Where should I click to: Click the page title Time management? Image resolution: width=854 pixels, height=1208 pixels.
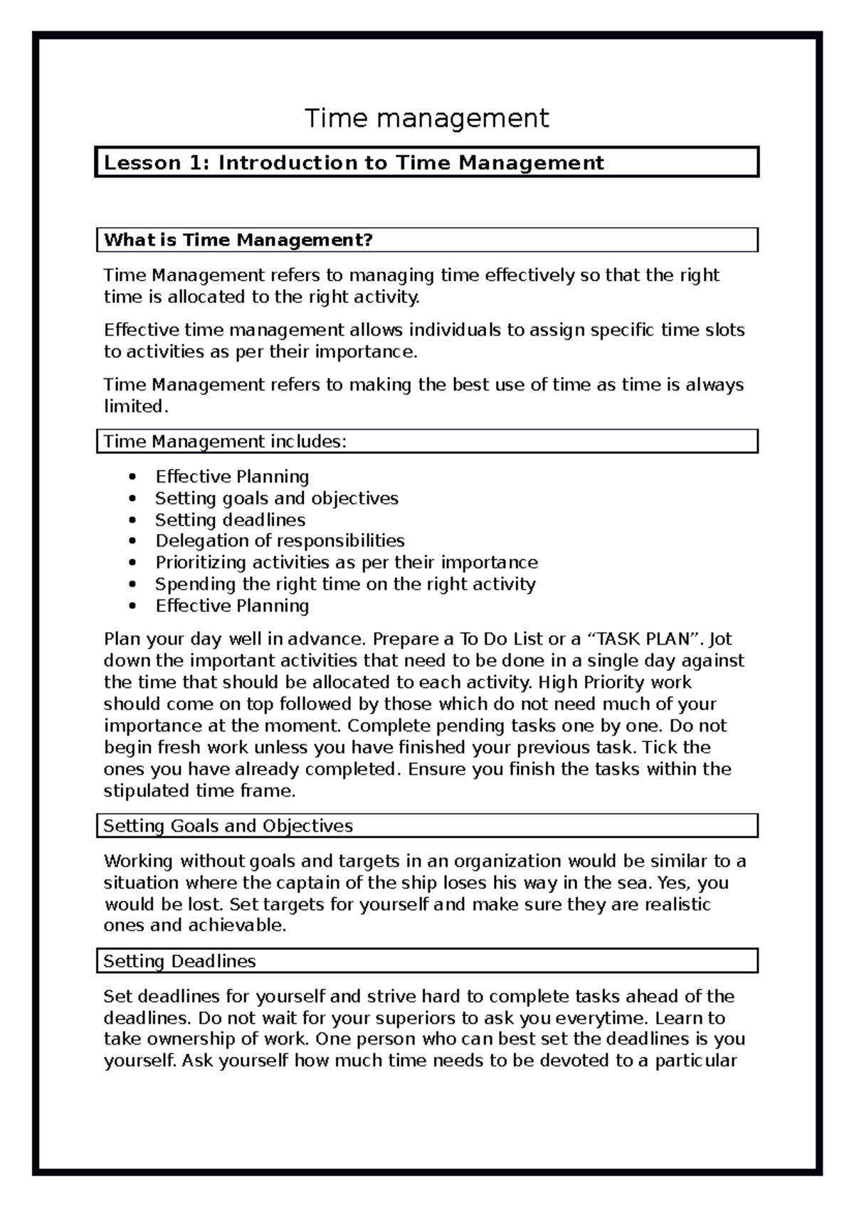[427, 118]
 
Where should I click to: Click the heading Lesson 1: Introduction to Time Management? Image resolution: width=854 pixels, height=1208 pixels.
[354, 163]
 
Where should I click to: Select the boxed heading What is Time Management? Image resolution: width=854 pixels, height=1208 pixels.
[238, 240]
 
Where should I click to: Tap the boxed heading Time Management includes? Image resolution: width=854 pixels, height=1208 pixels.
[225, 442]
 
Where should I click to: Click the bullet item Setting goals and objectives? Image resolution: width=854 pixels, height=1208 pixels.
[276, 499]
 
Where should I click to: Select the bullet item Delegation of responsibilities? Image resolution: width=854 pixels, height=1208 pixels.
[280, 541]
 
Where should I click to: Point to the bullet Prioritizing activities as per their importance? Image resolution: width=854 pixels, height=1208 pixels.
[346, 563]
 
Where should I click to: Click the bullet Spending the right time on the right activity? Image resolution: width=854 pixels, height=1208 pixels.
[345, 585]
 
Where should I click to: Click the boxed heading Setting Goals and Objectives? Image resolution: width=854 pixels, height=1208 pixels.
[228, 827]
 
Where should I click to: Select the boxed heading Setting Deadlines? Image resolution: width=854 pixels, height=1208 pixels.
[179, 962]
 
